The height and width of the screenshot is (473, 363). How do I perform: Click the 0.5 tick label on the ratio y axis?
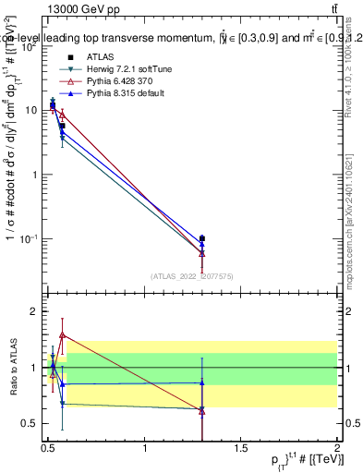pyautogui.click(x=30, y=424)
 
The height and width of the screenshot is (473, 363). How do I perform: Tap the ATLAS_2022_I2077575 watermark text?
pyautogui.click(x=193, y=275)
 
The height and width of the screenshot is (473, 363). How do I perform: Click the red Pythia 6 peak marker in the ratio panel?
pyautogui.click(x=62, y=334)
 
